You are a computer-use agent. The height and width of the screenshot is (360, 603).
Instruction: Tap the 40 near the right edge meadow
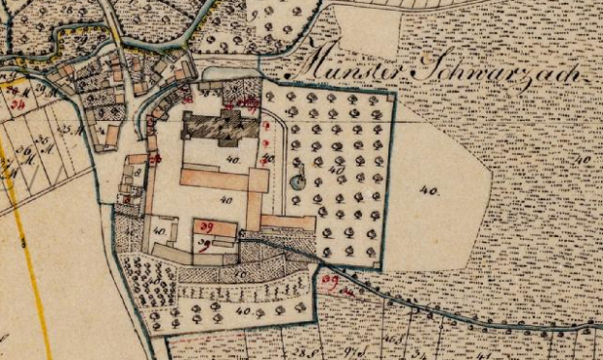pyautogui.click(x=582, y=158)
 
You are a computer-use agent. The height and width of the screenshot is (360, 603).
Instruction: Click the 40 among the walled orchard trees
pyautogui.click(x=337, y=170)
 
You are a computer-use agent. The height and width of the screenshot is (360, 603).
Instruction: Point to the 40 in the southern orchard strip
pyautogui.click(x=243, y=312)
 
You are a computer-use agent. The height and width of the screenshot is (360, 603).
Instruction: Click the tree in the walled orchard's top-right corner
pyautogui.click(x=375, y=100)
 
